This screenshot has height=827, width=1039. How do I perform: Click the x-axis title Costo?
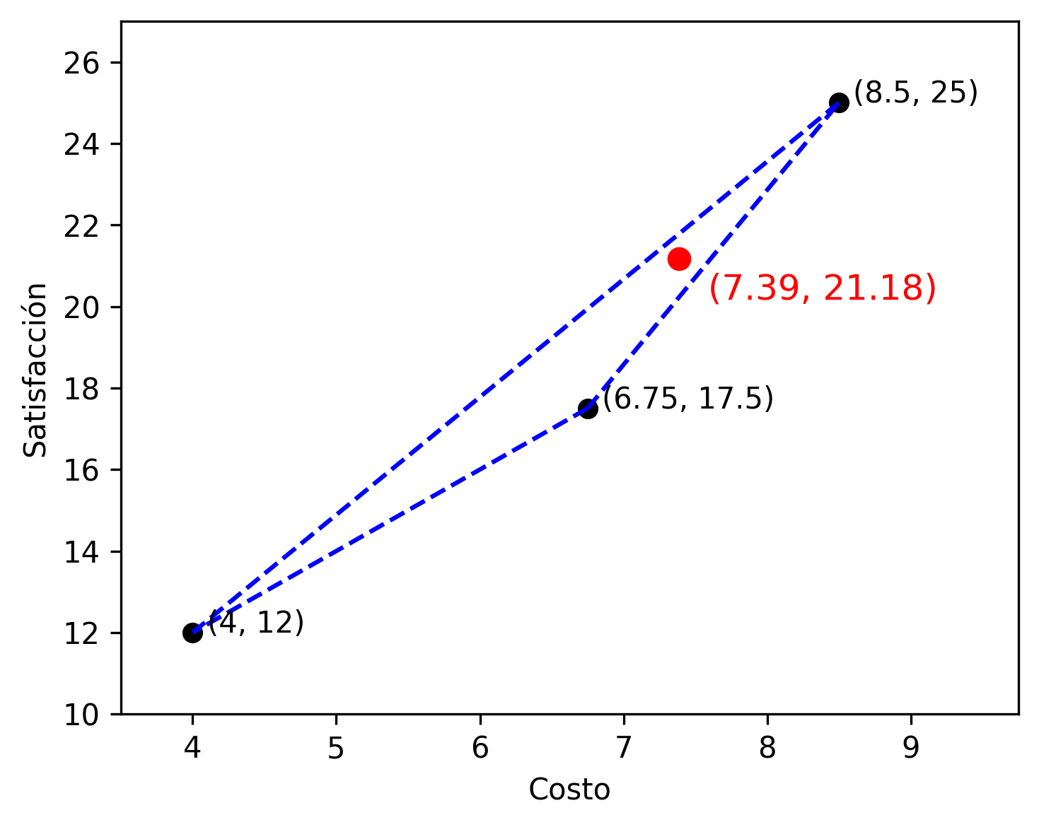tap(569, 790)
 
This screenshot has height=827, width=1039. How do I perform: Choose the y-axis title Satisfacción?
tap(35, 370)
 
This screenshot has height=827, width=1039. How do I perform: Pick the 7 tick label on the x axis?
tap(624, 748)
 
